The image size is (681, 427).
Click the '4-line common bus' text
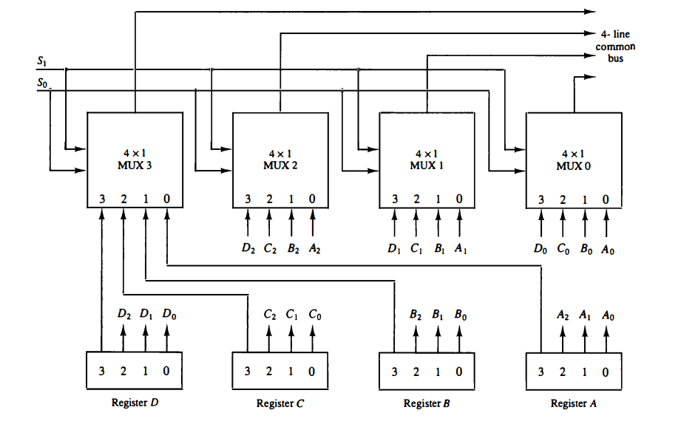(615, 46)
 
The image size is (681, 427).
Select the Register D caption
(135, 403)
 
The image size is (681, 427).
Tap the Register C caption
(280, 403)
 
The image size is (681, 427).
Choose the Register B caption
(427, 403)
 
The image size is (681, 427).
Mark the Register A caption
(574, 403)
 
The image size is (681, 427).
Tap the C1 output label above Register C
(293, 314)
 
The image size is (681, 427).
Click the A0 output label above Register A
(609, 314)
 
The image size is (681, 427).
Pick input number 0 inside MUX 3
(166, 199)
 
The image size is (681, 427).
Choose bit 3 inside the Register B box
(395, 370)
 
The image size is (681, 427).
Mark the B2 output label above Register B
(416, 314)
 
